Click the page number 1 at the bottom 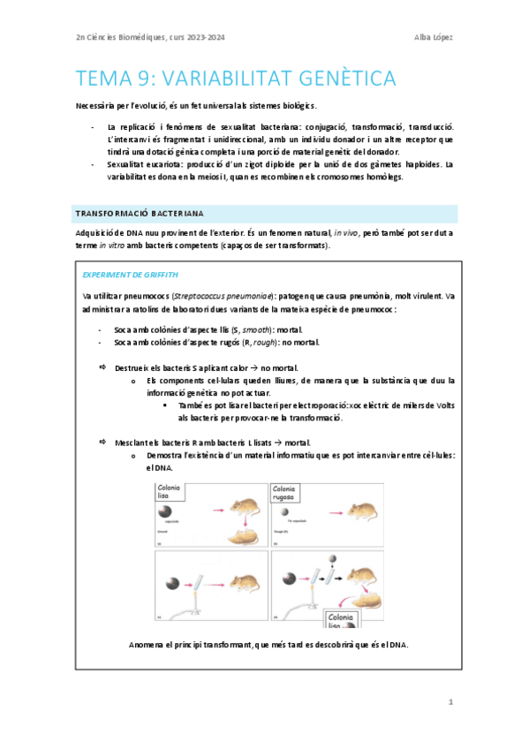click(450, 701)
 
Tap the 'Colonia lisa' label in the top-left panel click(169, 491)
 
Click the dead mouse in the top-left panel click(241, 538)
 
